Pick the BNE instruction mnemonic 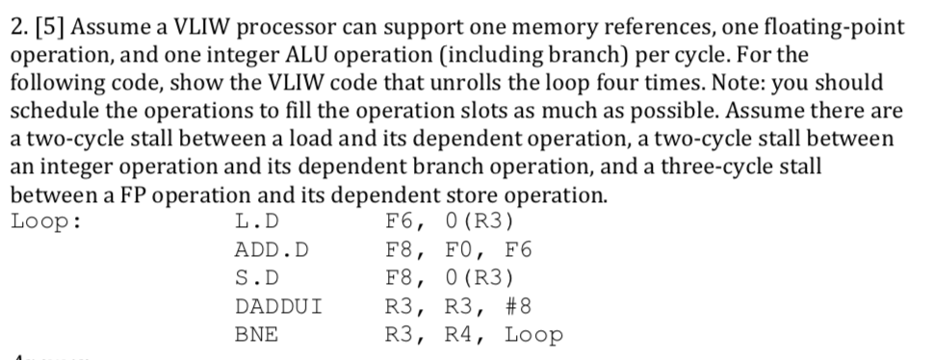(256, 336)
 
